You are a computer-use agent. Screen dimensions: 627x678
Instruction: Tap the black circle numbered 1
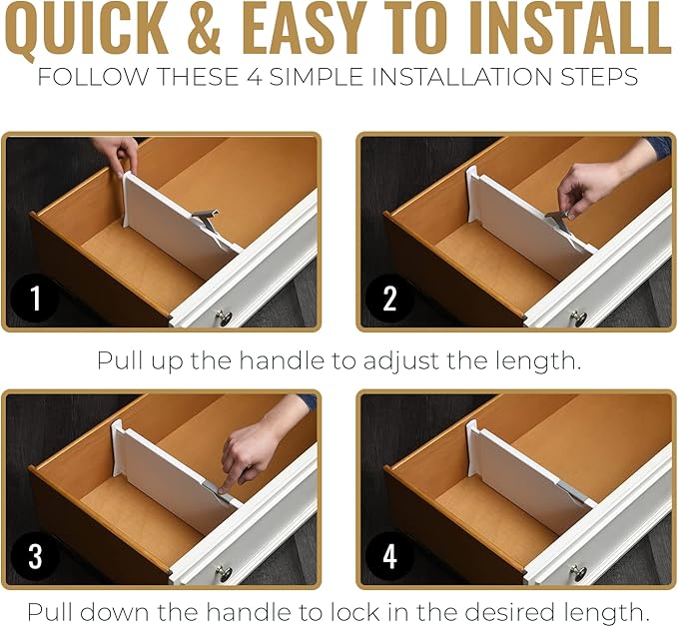[36, 297]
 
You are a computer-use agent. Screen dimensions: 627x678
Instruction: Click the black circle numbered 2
[390, 297]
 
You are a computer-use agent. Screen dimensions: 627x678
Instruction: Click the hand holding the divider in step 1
[118, 152]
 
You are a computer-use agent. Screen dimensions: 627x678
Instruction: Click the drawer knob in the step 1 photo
[224, 318]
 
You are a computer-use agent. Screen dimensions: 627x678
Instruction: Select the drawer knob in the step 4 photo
[578, 574]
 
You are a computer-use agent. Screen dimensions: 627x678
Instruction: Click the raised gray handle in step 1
[207, 215]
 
